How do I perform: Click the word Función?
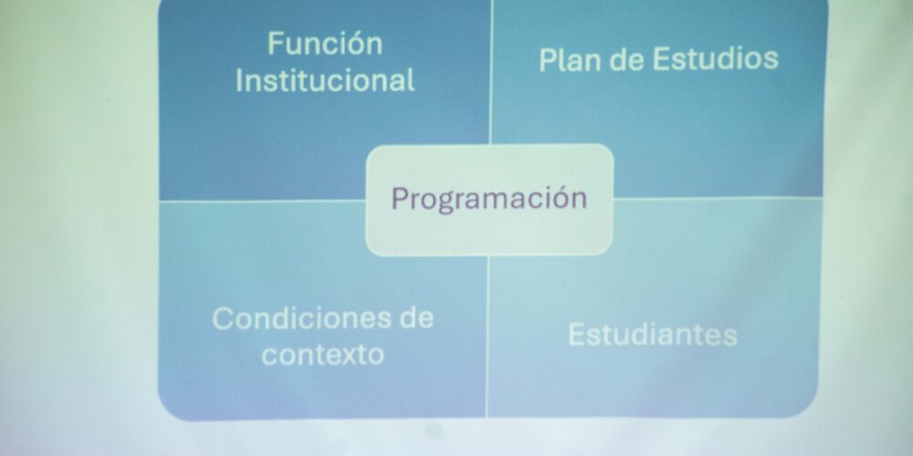tap(325, 44)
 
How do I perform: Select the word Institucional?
tap(325, 80)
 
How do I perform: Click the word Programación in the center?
tap(489, 199)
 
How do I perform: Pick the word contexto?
tap(322, 354)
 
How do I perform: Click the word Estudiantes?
tap(653, 335)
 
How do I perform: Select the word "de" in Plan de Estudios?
tap(627, 60)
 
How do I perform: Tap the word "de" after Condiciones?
tap(415, 317)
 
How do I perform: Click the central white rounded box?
tap(489, 200)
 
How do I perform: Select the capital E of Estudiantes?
tap(576, 335)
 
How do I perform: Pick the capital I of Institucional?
tap(239, 81)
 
